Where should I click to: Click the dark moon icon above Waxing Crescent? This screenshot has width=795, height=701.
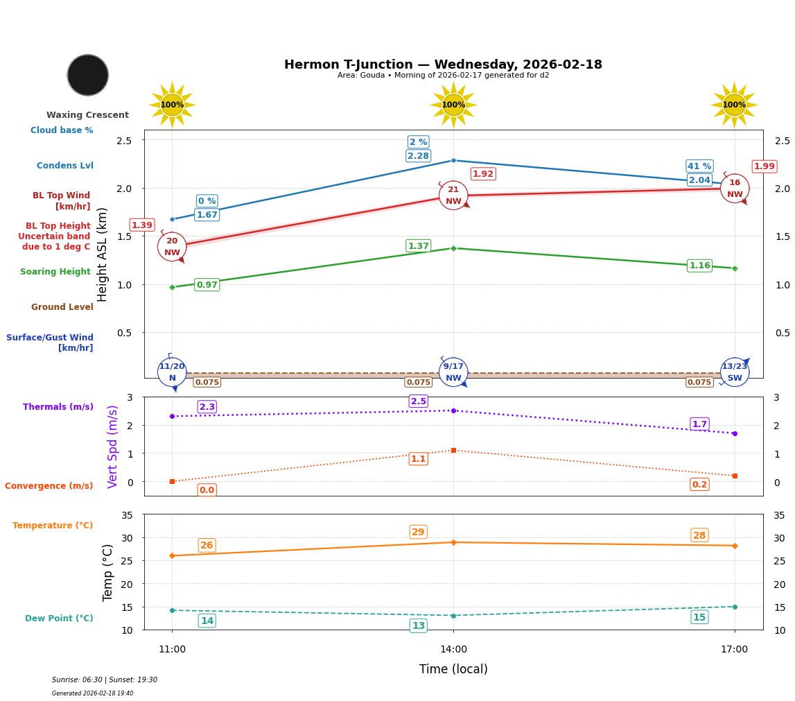pos(88,75)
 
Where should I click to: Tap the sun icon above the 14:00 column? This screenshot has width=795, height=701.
pos(453,105)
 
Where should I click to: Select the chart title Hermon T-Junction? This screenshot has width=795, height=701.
pos(443,64)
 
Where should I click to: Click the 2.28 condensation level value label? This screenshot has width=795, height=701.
pos(418,156)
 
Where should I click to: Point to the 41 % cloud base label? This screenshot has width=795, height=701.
pos(699,166)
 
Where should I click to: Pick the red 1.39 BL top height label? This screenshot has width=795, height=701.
pos(142,225)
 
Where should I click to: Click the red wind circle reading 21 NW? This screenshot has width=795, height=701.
pos(453,196)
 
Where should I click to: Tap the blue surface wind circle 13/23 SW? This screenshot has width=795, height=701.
pos(735,372)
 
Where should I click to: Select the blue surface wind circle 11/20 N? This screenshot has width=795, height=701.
pos(172,372)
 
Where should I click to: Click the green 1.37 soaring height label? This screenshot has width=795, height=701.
pos(419,246)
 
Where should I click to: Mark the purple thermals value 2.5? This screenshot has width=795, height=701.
pos(419,401)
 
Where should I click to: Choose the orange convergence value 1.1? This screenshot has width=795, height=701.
pos(419,459)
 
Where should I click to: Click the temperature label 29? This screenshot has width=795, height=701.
pos(419,533)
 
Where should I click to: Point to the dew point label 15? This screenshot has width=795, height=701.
pos(699,618)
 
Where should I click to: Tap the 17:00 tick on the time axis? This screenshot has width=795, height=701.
pos(735,650)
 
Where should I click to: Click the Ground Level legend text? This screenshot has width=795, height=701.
pos(62,307)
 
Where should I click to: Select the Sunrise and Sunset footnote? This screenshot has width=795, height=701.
pos(105,680)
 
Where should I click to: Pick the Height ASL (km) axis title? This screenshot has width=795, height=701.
pos(103,254)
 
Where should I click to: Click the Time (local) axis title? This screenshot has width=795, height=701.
pos(453,669)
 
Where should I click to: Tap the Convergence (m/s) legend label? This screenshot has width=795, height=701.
pos(49,486)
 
